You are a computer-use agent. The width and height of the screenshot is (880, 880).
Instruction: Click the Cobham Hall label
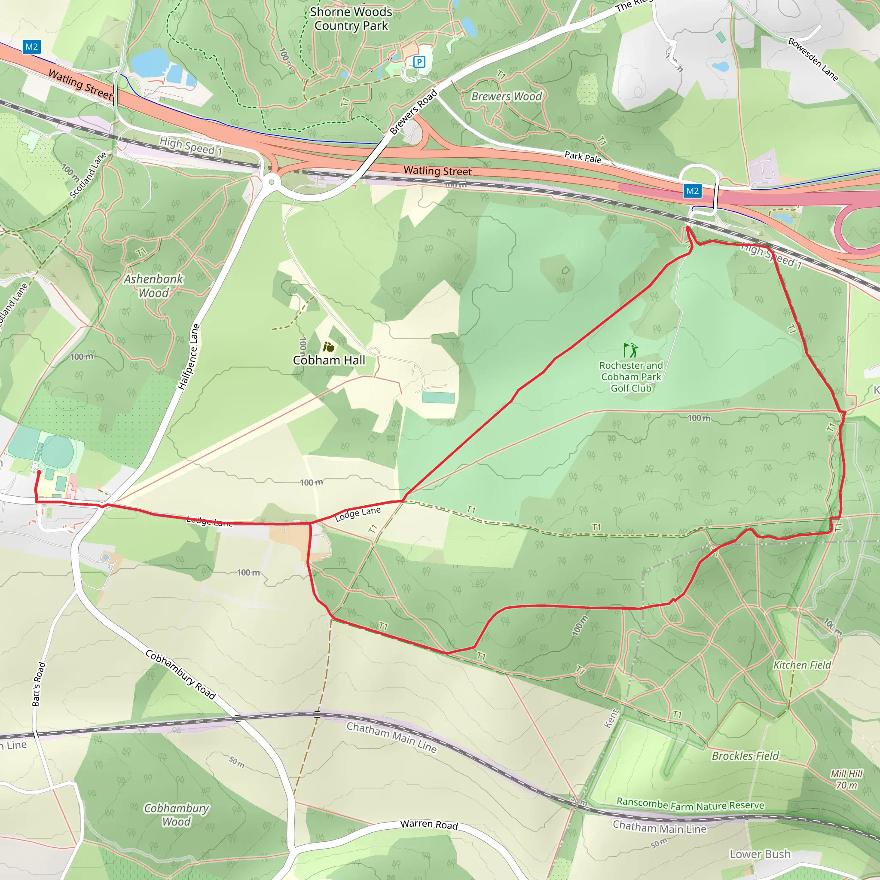coord(329,360)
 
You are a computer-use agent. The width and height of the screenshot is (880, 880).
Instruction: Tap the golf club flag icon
coord(630,350)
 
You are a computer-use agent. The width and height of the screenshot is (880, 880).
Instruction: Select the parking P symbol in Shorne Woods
coord(419,61)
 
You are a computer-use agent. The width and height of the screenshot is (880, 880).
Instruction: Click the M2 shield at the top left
coord(31,46)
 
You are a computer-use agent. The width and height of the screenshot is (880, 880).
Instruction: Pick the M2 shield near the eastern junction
coord(692,191)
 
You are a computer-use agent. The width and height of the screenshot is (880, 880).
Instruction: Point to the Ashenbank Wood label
coord(153,286)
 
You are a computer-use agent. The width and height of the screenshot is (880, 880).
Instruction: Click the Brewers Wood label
coord(507,97)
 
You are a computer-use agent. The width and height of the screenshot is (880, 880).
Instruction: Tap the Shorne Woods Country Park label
coord(351,18)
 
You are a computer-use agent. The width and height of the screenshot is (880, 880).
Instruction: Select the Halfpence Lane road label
coord(189,357)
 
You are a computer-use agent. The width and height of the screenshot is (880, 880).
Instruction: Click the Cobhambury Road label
coord(180,674)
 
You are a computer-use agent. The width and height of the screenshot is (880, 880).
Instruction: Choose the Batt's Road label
coord(39,684)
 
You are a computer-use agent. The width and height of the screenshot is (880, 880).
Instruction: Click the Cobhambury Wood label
coord(176,815)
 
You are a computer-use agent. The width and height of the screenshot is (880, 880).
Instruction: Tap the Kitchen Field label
coord(802,665)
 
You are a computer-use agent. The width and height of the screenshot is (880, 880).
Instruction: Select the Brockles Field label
coord(745,756)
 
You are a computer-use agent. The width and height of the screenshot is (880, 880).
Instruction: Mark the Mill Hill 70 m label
coord(846,779)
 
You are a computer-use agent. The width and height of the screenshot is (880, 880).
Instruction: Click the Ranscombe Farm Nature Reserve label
coord(690,804)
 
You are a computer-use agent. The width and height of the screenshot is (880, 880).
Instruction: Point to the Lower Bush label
coord(760,854)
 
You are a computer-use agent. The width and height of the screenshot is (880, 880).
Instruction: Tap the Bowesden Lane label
coord(813,60)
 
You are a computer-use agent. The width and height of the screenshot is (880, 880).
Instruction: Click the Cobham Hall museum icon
coord(328,348)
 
